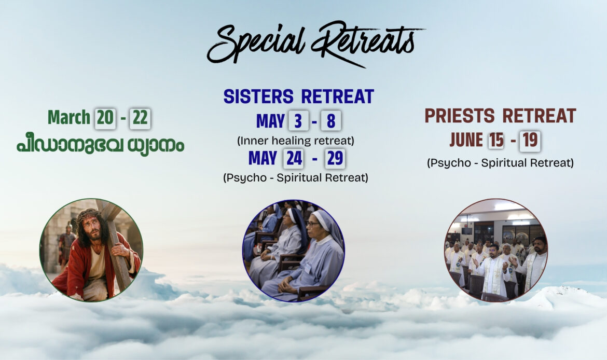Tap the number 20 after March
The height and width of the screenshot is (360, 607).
click(x=105, y=118)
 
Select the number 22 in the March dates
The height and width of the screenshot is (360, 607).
click(x=140, y=118)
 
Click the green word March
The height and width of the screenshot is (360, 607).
click(x=69, y=118)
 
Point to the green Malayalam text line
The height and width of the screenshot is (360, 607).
click(x=100, y=146)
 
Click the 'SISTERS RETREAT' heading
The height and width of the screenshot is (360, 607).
click(x=299, y=96)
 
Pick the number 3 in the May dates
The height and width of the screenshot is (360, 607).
click(x=298, y=121)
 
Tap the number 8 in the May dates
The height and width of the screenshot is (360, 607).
click(x=331, y=121)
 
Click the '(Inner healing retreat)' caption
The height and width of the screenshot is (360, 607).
click(x=296, y=141)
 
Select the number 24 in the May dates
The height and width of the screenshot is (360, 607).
click(x=294, y=158)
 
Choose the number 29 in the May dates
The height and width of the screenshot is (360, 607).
click(x=335, y=158)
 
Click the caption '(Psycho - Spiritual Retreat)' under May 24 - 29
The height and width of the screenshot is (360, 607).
click(x=296, y=178)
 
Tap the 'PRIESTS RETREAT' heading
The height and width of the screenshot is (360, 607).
click(x=501, y=116)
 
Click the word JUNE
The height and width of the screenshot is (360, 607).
click(x=466, y=140)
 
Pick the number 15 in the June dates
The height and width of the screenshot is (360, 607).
click(x=496, y=141)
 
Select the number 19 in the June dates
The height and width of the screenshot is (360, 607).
click(x=530, y=141)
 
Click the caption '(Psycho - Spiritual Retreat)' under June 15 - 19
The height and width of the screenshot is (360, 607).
click(x=501, y=163)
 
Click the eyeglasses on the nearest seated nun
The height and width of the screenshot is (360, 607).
click(x=313, y=224)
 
